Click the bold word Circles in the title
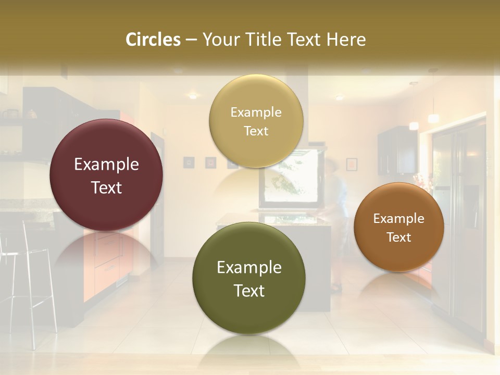(153, 40)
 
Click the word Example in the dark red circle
(106, 165)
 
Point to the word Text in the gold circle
(256, 131)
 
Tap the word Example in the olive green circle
(249, 268)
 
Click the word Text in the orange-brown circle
(399, 238)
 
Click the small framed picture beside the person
(352, 164)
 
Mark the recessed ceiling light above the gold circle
(193, 96)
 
